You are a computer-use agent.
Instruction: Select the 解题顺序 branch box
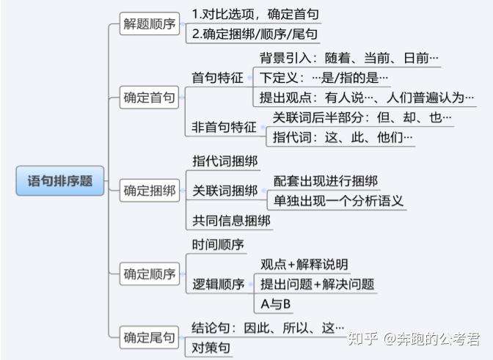150,24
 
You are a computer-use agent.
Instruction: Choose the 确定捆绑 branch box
150,191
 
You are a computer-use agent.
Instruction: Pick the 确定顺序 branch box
150,274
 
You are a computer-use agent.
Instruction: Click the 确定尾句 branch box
150,337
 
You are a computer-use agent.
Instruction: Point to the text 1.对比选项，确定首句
255,15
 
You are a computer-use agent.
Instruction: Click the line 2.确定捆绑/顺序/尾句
255,34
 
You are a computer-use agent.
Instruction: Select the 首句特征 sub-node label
217,77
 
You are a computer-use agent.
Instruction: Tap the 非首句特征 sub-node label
224,127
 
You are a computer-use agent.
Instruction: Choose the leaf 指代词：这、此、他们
343,137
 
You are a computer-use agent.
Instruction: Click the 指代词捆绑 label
224,161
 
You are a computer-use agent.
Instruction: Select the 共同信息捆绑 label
230,221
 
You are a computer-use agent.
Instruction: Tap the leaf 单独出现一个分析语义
338,200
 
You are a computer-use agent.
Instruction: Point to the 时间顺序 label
218,244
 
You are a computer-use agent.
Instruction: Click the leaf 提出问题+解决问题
317,284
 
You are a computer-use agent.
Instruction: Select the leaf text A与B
276,304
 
